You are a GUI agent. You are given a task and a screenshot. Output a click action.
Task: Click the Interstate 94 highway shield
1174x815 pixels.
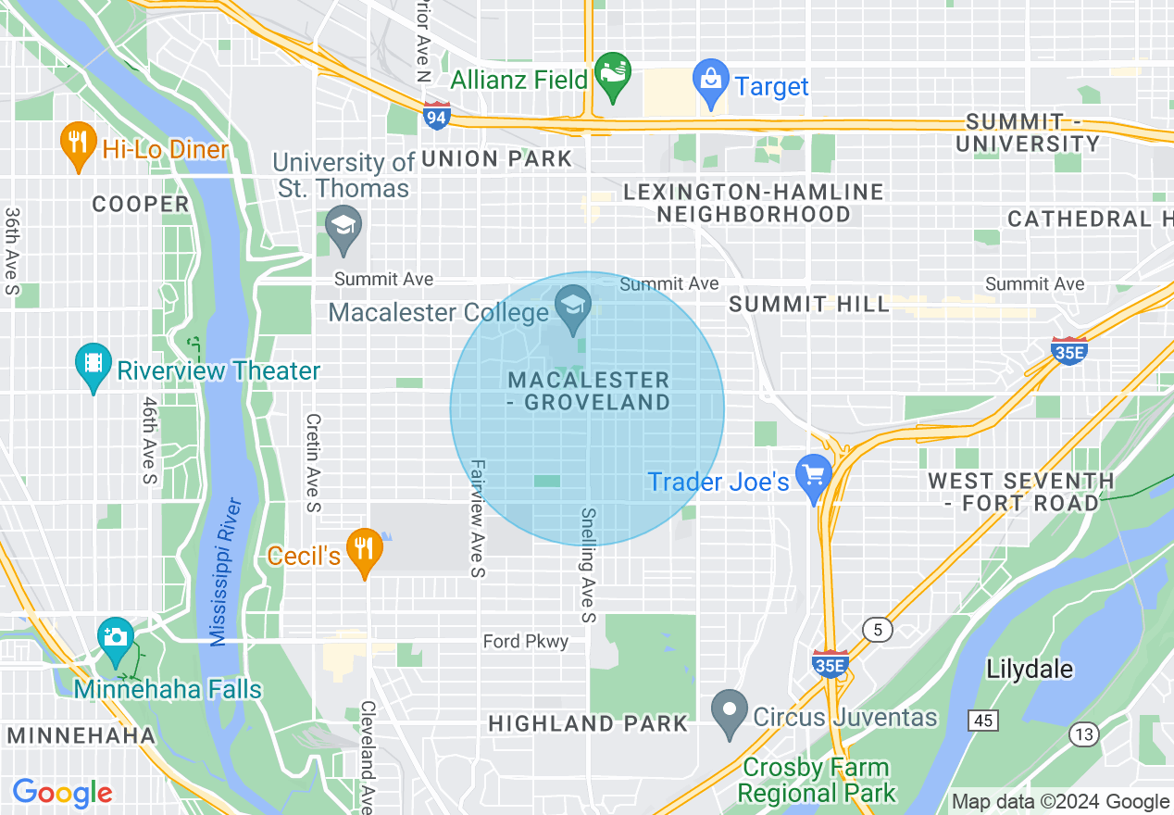pyautogui.click(x=436, y=116)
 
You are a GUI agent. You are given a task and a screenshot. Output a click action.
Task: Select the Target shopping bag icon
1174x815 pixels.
pyautogui.click(x=711, y=80)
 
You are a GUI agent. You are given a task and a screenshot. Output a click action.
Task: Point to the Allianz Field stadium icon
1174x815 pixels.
pyautogui.click(x=612, y=73)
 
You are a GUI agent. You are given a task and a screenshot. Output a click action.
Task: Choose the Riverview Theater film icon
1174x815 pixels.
pyautogui.click(x=93, y=363)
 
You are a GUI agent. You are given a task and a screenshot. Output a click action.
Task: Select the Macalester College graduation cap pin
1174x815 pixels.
pyautogui.click(x=573, y=306)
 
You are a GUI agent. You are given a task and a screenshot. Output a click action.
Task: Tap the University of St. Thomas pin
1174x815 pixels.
pyautogui.click(x=343, y=227)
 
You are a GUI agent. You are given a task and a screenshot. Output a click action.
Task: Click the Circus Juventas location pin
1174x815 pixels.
pyautogui.click(x=730, y=711)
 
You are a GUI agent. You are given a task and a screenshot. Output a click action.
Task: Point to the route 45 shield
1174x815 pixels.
pyautogui.click(x=983, y=720)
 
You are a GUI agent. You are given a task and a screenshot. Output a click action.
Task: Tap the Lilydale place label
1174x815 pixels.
pyautogui.click(x=1030, y=670)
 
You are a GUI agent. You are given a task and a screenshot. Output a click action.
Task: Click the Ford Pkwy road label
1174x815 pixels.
pyautogui.click(x=526, y=641)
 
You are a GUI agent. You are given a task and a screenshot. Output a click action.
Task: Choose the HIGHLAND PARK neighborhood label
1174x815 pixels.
pyautogui.click(x=588, y=723)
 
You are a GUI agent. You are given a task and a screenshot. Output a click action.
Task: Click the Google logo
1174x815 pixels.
pyautogui.click(x=62, y=793)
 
